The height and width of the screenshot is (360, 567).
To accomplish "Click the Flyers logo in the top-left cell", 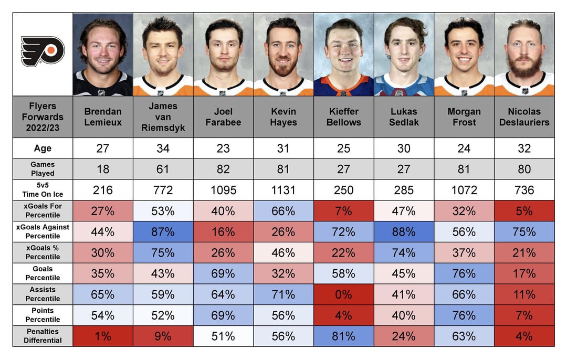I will coord(43,51).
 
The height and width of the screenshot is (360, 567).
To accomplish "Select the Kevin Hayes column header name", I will coord(283,117).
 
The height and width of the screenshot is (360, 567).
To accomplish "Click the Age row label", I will coord(43,149).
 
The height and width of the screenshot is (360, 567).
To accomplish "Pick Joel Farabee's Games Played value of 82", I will coord(223,169).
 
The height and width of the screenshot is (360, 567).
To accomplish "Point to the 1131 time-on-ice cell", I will coord(283,190).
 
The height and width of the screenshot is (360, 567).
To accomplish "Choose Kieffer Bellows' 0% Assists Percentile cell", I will coord(343,294).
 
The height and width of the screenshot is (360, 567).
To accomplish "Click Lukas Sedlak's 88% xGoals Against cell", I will coord(404,232).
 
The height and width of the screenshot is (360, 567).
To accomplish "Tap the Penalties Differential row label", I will coord(43,336).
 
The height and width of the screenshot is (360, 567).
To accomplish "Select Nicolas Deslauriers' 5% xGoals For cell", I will coord(524,211).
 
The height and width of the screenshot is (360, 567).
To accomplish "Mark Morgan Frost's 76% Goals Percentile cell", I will coord(464,273).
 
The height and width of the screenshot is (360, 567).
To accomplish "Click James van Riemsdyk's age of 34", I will coord(163,149).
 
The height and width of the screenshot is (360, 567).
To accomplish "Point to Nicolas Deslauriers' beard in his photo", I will coord(524,67).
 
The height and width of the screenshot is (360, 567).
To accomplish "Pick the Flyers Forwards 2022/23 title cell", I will coord(43,117).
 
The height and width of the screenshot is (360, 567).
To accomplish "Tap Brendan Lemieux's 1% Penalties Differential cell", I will coord(103,336).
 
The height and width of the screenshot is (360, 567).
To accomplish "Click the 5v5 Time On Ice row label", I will coord(43,190).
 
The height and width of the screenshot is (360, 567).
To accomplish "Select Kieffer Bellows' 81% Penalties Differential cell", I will coord(343,336).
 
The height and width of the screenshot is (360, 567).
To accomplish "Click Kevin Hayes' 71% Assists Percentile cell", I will coord(283,294).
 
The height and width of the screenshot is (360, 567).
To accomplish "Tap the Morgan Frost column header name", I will coord(464,117).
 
